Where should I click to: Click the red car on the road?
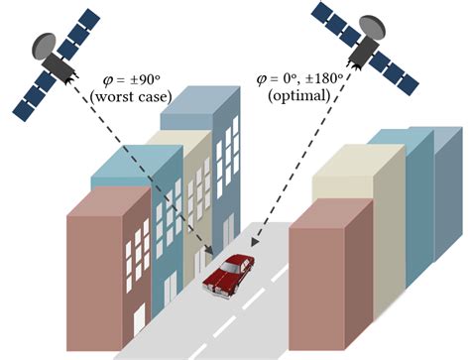pyautogui.click(x=227, y=274)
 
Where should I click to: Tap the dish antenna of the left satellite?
pyautogui.click(x=45, y=45)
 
